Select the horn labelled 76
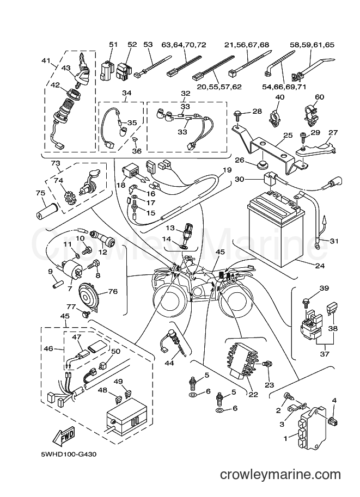[89, 295]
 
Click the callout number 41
[47, 60]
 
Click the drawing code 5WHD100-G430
[69, 455]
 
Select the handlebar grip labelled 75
[47, 210]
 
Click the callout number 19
[227, 170]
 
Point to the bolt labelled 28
[238, 114]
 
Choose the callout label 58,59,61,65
[312, 45]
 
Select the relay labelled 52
[124, 70]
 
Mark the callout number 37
[325, 354]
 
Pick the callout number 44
[169, 363]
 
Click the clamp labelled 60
[311, 113]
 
